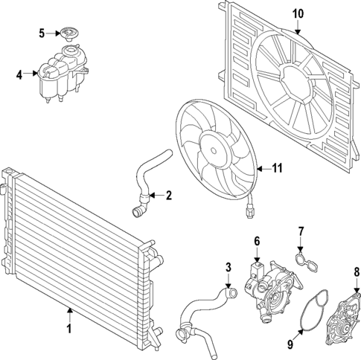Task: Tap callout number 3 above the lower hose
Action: click(229, 266)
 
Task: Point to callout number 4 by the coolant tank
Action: click(19, 74)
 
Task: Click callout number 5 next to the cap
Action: click(42, 33)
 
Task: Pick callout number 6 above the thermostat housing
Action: click(257, 241)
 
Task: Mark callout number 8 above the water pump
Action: click(356, 271)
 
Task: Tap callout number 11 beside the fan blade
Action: click(277, 169)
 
